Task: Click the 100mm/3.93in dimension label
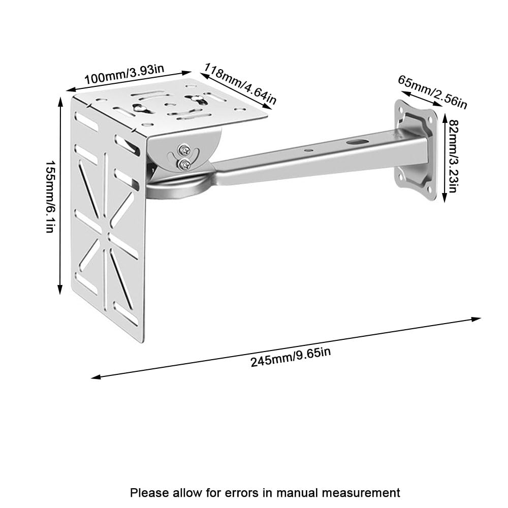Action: (x=124, y=74)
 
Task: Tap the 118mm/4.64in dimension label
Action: (x=240, y=84)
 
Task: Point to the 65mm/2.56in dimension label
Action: (x=433, y=92)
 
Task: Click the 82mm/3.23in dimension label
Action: (x=453, y=155)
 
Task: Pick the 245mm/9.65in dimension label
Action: (x=291, y=357)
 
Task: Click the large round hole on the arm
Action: (x=357, y=141)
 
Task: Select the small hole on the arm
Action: (x=309, y=150)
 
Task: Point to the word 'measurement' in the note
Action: (x=361, y=493)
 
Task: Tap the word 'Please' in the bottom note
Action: (x=150, y=493)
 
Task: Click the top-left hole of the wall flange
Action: (x=401, y=109)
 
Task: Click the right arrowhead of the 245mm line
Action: (x=477, y=319)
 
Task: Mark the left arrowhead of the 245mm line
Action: (x=96, y=376)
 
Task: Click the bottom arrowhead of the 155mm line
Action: (x=60, y=290)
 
